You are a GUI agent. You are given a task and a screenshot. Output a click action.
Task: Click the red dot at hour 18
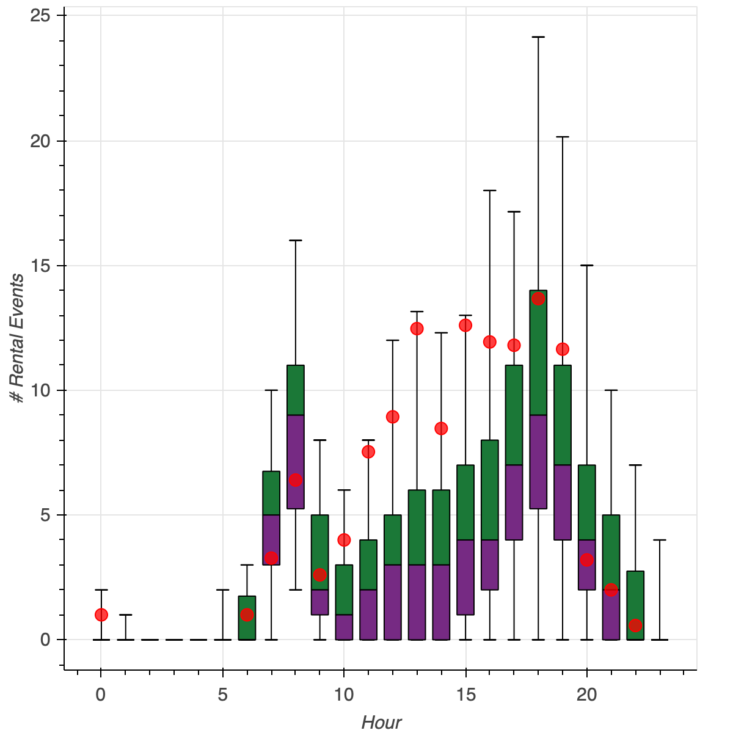pos(538,299)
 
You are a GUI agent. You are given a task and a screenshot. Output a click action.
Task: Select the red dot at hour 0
pos(101,614)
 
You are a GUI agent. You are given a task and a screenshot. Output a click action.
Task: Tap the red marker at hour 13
pos(417,329)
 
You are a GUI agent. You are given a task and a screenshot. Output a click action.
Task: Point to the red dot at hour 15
pos(465,325)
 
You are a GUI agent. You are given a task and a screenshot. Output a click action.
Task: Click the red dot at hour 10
pos(344,540)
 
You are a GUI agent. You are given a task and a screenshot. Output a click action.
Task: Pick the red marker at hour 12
pos(393,417)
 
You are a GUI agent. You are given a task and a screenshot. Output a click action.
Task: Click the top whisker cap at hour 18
pos(538,37)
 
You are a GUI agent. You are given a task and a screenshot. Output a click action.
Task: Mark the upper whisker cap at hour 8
pos(296,241)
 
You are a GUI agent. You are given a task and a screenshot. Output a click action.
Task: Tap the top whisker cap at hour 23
pos(660,540)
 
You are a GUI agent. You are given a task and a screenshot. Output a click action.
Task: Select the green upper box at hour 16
pos(490,490)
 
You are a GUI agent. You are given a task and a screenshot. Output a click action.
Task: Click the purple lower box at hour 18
pos(538,461)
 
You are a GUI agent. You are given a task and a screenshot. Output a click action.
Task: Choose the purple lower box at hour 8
pos(296,461)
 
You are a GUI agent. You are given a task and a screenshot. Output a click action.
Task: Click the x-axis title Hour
pos(381,723)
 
